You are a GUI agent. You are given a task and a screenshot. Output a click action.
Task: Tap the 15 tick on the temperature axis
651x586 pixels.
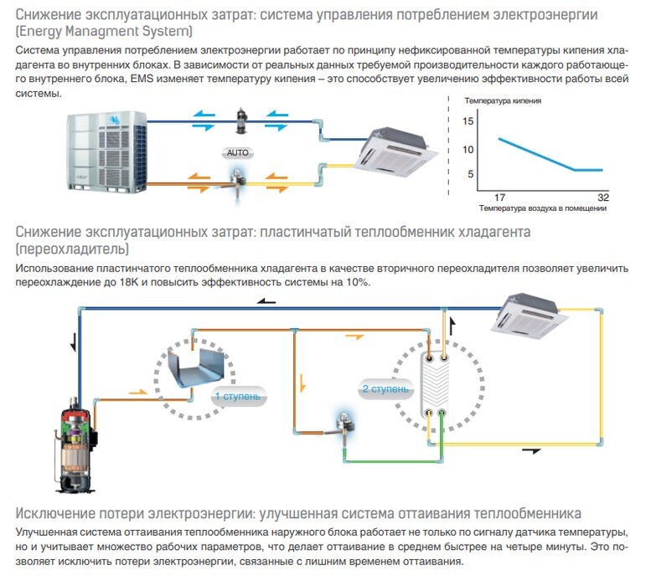[469, 121]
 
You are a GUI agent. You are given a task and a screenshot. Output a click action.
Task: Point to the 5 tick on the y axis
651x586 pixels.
[471, 174]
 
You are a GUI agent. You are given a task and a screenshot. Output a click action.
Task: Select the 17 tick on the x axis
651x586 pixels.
[499, 196]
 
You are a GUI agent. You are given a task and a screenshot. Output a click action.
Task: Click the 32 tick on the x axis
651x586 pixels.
[603, 196]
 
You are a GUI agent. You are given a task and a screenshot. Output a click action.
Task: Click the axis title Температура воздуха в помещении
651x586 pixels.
[544, 206]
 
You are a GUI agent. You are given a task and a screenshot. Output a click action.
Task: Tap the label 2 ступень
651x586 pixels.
[385, 389]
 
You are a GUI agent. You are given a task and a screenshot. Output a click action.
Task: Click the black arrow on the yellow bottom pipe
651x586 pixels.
[531, 450]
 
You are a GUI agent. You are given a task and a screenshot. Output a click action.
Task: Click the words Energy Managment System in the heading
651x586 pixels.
[104, 32]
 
